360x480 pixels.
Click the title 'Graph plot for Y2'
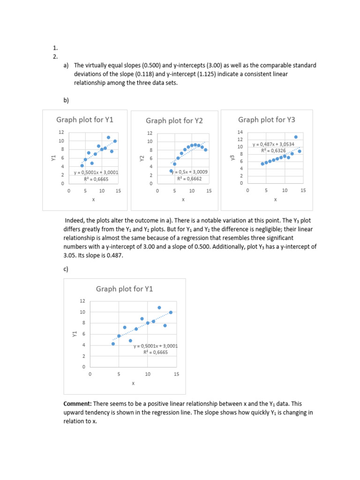[x=174, y=121]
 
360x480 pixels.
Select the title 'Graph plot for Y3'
[x=267, y=120]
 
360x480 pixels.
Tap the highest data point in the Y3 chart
[x=296, y=137]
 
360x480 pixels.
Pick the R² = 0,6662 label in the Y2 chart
[x=189, y=178]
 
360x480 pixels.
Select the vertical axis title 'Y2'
[x=142, y=158]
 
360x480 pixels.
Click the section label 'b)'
[x=66, y=100]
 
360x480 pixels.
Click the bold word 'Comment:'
[x=77, y=404]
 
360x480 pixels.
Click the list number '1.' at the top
[x=55, y=48]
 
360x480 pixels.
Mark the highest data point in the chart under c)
[x=159, y=307]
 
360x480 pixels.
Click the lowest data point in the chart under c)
[x=113, y=344]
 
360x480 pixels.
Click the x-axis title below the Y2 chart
[x=183, y=200]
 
